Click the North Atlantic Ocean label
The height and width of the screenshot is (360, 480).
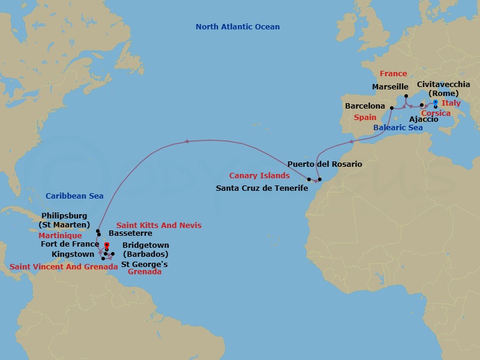click(x=238, y=27)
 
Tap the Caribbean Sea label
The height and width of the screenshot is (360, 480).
click(x=74, y=196)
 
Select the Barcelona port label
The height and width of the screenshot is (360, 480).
click(x=365, y=106)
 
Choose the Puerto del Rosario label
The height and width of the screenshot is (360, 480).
click(x=325, y=164)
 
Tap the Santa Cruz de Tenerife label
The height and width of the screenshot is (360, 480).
click(x=262, y=188)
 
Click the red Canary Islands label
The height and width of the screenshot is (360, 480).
click(x=259, y=176)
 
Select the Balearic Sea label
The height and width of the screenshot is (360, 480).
click(x=398, y=128)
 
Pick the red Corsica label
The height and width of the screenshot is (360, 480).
click(x=436, y=113)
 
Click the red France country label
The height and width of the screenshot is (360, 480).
click(x=393, y=74)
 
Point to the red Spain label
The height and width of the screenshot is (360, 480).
click(x=365, y=118)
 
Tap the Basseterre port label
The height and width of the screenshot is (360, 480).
click(x=130, y=233)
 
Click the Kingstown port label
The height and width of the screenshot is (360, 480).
click(x=73, y=254)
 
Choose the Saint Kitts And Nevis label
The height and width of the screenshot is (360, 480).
click(x=158, y=225)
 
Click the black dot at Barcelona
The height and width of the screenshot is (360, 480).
click(x=391, y=108)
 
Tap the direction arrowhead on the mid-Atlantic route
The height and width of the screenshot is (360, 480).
click(x=185, y=142)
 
